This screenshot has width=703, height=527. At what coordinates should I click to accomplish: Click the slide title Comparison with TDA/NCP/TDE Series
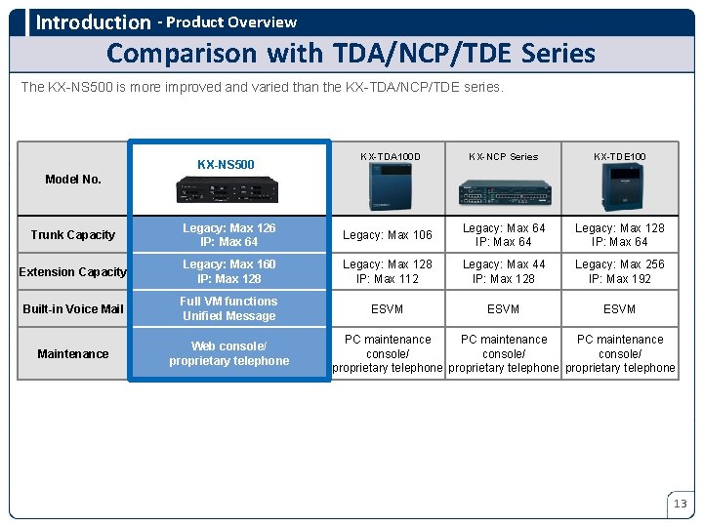(351, 52)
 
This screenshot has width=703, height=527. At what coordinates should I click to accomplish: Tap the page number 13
(681, 504)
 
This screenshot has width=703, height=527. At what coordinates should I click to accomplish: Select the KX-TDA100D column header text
(390, 156)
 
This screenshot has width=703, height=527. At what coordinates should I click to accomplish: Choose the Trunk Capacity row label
(73, 235)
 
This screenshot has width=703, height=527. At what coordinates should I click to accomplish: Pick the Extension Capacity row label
(73, 272)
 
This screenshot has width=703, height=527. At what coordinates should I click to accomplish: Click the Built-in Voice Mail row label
(73, 309)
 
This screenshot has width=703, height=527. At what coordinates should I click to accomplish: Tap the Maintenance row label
(73, 353)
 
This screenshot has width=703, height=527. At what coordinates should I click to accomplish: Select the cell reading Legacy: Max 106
(388, 235)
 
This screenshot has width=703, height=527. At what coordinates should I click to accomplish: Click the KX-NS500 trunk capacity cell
(229, 235)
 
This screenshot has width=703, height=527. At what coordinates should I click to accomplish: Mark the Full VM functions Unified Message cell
(229, 308)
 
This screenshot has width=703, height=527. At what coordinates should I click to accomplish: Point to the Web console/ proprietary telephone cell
(229, 353)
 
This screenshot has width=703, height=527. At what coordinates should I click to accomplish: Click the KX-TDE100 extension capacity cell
(619, 271)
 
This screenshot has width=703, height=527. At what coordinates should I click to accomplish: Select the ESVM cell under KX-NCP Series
(504, 309)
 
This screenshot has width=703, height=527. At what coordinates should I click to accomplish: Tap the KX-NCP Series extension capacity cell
(504, 271)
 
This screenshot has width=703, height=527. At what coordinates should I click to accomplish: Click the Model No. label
(73, 179)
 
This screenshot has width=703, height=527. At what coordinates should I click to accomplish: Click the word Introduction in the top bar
(93, 21)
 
